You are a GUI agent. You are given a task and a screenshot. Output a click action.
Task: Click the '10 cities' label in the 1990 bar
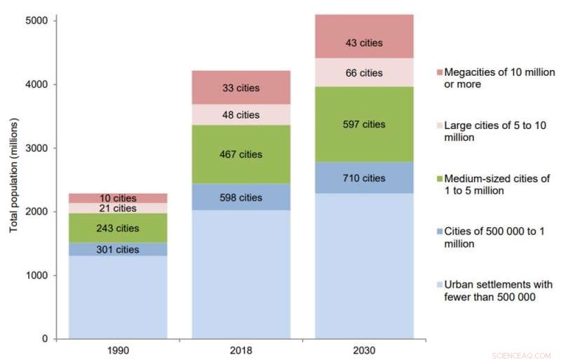coord(118,199)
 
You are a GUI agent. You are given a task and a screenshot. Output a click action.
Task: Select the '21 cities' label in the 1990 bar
coord(118,208)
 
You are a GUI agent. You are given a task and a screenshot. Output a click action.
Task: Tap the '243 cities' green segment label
coord(118,228)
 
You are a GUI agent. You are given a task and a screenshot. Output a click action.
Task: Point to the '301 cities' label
coord(118,250)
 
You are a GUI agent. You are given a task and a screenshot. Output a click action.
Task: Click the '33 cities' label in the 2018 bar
coord(241,88)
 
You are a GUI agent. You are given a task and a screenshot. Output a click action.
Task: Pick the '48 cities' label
coord(241,115)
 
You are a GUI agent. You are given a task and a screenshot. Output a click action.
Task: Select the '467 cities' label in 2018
coord(241,154)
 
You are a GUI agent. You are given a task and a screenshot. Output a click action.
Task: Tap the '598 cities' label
coord(241,198)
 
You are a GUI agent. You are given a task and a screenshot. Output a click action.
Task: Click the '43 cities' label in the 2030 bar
coord(365,43)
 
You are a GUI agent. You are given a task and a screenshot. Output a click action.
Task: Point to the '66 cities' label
coord(365,73)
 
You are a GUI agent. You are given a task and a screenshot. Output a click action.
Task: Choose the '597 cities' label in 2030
coord(365,124)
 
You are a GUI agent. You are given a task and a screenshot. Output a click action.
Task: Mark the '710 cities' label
coord(365,178)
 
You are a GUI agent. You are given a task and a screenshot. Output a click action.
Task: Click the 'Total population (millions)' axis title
coord(13,176)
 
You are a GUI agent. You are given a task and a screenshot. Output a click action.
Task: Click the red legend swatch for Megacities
coord(439,73)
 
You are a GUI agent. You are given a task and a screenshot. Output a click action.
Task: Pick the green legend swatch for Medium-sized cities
coord(439,179)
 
